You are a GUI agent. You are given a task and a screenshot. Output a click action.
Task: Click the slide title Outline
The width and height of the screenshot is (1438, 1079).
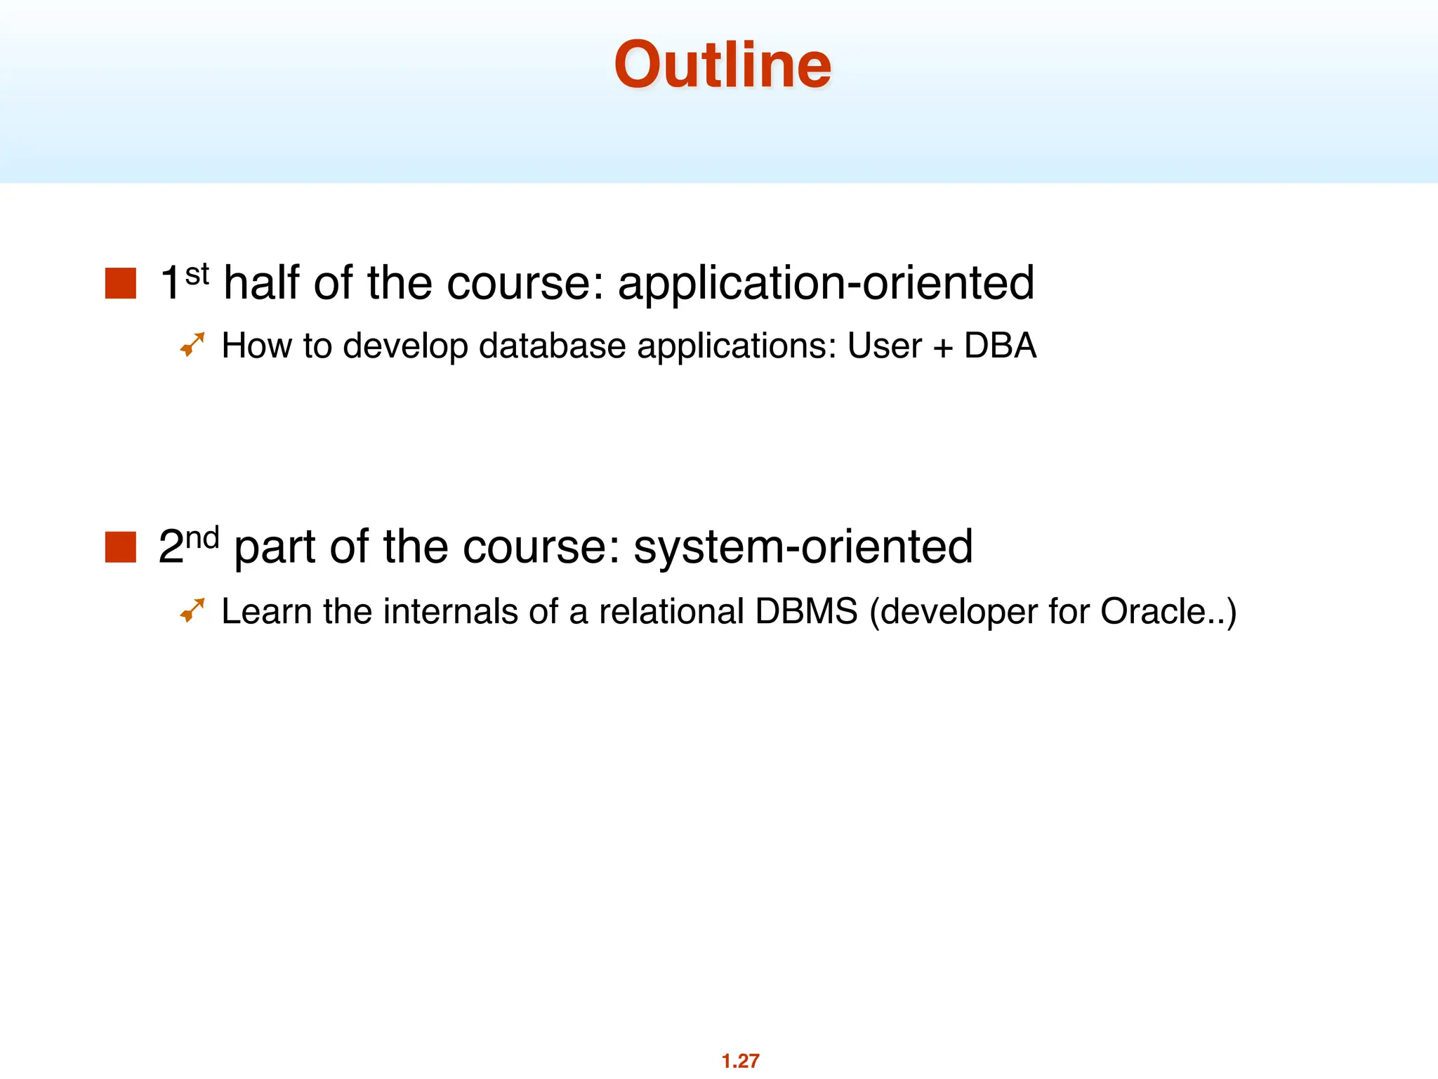pos(723,65)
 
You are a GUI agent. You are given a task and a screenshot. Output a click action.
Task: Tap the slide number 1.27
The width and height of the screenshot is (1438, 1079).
pos(740,1060)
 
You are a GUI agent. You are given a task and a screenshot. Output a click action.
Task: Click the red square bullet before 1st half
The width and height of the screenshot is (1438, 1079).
pos(120,284)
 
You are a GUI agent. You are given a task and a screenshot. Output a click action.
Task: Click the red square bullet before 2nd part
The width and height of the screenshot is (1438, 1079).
pos(120,547)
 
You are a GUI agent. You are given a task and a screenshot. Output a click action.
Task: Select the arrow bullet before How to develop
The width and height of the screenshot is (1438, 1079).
pos(192,344)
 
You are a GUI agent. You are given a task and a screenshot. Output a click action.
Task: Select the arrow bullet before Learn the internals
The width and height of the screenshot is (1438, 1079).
pos(192,610)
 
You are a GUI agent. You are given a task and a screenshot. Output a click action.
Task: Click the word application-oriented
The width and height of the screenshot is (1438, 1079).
pos(826,284)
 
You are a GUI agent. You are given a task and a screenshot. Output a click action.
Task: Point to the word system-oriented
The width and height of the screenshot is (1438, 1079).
pos(803,547)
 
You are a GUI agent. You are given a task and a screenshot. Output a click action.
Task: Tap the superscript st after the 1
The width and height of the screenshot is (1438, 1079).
pos(197,274)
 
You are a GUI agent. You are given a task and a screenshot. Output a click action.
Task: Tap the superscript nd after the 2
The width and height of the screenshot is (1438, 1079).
pos(202,537)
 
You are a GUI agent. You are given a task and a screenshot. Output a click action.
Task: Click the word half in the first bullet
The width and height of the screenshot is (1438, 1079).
pos(262,282)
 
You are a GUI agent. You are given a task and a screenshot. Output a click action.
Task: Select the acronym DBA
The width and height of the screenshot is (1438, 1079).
pos(1000,346)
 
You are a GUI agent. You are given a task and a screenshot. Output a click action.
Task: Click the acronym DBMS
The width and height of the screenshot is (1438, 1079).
pos(806,611)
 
